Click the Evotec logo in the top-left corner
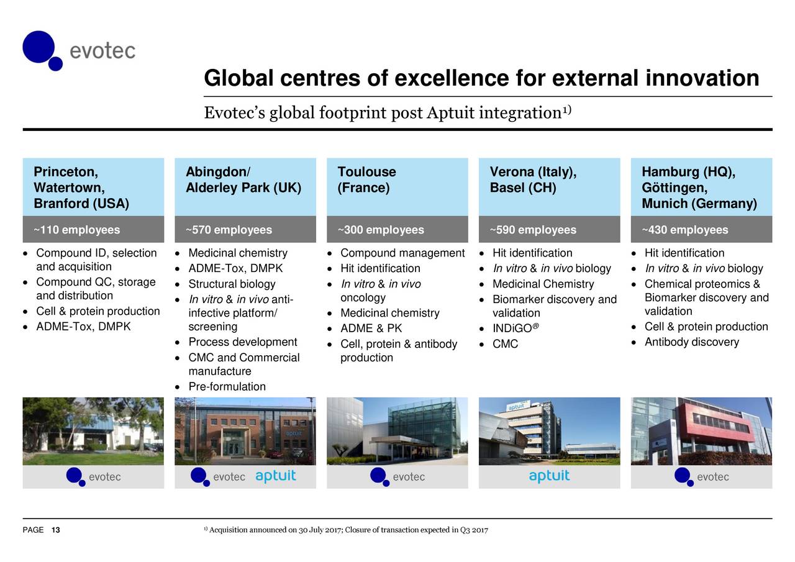[79, 51]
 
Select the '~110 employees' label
[76, 230]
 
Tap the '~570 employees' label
[229, 230]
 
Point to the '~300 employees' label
[381, 230]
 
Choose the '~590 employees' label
[533, 230]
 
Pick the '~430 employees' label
[685, 230]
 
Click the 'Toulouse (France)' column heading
[366, 179]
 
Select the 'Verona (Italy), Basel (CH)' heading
[533, 179]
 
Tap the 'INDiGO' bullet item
[516, 328]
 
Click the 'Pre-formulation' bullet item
[227, 386]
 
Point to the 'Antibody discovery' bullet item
[692, 342]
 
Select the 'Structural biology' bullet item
[232, 284]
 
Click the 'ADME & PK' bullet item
[371, 328]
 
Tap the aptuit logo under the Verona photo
[550, 476]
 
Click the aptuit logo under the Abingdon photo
[275, 476]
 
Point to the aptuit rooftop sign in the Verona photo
[517, 406]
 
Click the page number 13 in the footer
[56, 530]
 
